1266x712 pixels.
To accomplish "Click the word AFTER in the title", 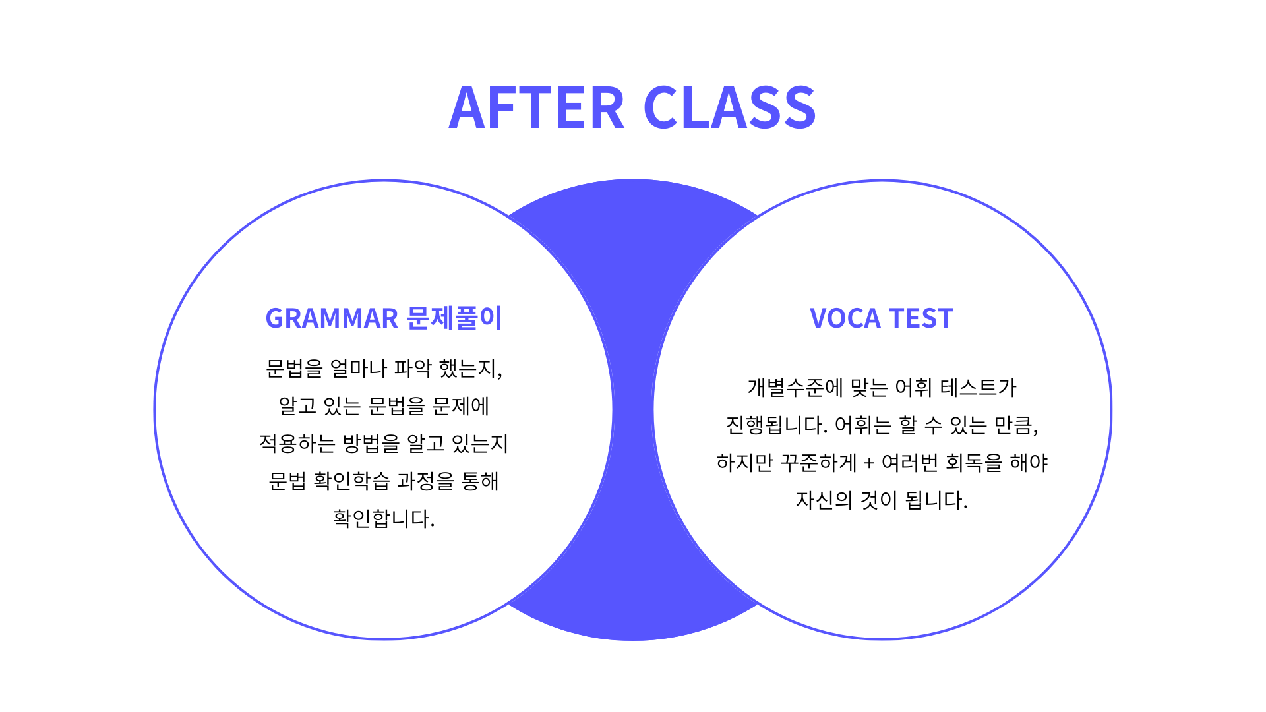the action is [536, 107].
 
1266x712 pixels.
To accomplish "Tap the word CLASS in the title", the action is [729, 107].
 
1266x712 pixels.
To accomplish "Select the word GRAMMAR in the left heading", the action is [332, 318].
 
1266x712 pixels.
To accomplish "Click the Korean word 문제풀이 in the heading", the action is [454, 318].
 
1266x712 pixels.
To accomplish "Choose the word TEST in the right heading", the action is [921, 318].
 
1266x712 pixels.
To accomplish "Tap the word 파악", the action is [413, 368].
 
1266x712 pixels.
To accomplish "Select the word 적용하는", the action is [297, 443].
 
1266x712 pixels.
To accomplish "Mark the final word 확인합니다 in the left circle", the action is [384, 518].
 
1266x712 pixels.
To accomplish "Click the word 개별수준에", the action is [795, 387].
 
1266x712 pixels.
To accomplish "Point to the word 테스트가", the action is [979, 387].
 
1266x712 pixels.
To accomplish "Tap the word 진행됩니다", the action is [777, 425].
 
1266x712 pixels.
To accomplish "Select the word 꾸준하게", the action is [818, 462].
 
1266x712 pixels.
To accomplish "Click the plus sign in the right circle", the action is [869, 463].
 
